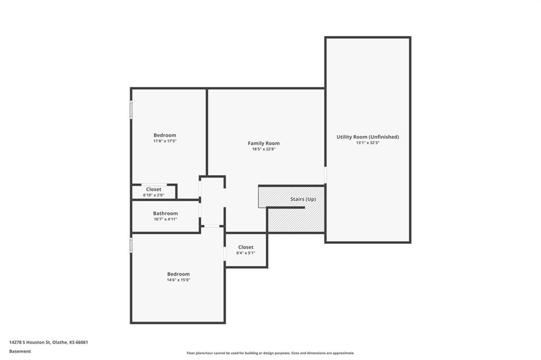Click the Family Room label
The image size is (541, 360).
[x=264, y=143]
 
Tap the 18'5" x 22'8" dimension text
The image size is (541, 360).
[x=264, y=149]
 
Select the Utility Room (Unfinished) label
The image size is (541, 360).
[x=368, y=137]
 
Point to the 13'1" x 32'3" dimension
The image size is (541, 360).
[x=368, y=143]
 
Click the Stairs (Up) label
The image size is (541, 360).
[x=303, y=200]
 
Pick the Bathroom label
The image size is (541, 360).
[x=165, y=213]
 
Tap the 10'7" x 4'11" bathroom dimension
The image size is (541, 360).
[x=165, y=219]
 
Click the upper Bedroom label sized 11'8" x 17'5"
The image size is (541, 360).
[x=165, y=135]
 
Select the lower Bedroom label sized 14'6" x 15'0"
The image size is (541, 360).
[x=178, y=274]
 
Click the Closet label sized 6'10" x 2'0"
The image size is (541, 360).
[x=154, y=190]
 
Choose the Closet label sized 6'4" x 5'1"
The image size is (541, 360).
[x=246, y=247]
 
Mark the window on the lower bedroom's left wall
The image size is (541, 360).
[x=131, y=245]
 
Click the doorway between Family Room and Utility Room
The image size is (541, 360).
[x=325, y=175]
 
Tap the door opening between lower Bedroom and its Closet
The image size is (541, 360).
[x=225, y=253]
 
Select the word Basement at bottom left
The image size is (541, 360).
[x=20, y=351]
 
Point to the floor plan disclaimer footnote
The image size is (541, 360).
[x=270, y=353]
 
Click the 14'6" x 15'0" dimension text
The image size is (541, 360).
[x=178, y=280]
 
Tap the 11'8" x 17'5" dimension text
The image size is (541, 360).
[x=165, y=141]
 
